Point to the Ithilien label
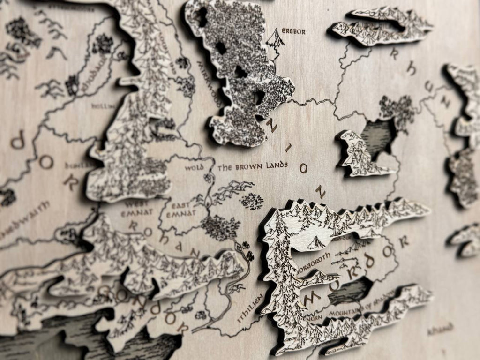click(x=249, y=308)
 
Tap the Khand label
click(x=440, y=328)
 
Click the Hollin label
click(x=102, y=106)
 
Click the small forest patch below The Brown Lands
click(x=252, y=200)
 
